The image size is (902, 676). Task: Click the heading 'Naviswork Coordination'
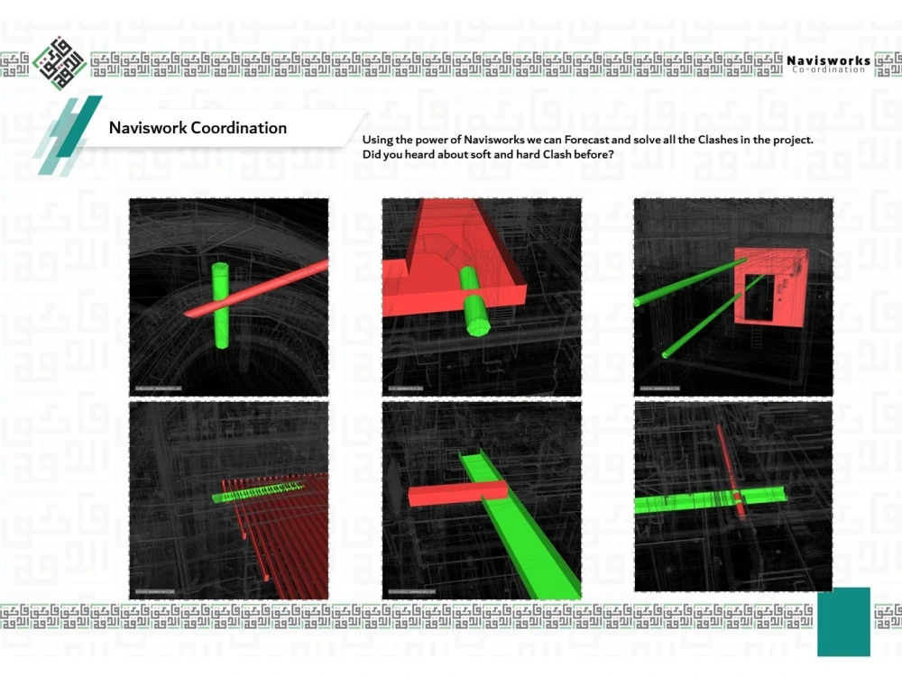click(x=198, y=128)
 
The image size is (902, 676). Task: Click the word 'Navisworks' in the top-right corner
click(x=828, y=61)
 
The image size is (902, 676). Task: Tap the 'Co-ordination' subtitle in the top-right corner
click(x=828, y=70)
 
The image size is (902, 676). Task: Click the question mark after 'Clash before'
click(x=612, y=155)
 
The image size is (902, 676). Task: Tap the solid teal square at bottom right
click(x=843, y=621)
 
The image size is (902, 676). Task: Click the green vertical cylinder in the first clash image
click(x=220, y=306)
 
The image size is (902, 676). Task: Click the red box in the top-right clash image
click(x=767, y=287)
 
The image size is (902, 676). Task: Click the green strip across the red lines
click(x=258, y=491)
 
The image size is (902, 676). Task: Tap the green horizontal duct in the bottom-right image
click(x=686, y=501)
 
